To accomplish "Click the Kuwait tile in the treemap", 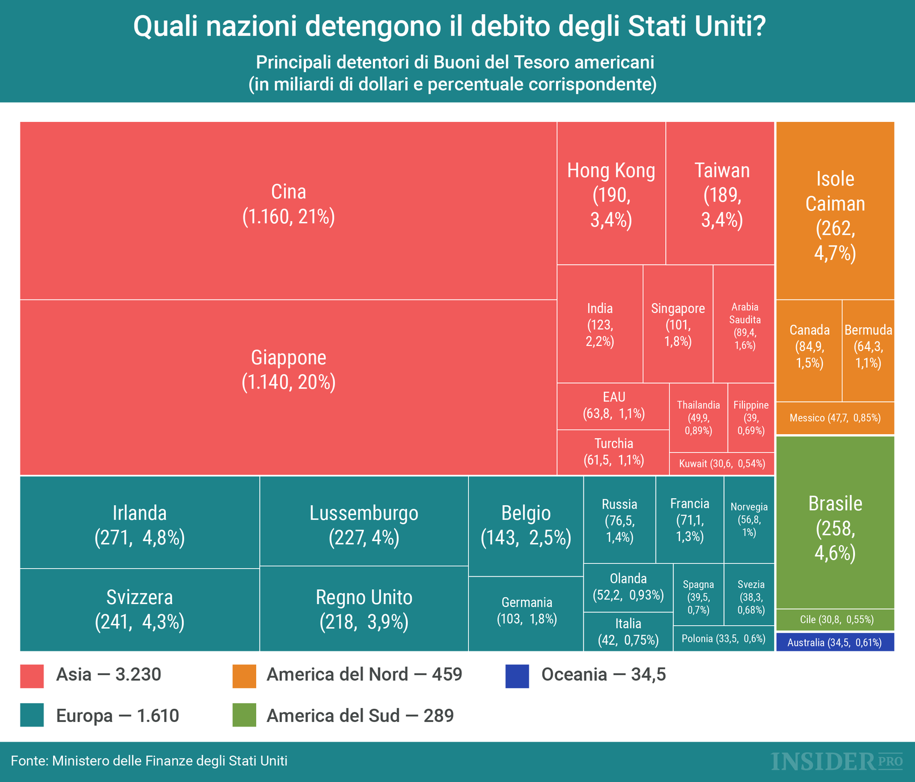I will click(722, 464).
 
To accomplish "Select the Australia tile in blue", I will click(834, 642).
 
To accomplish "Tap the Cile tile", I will click(834, 620).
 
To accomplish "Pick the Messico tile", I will click(834, 418).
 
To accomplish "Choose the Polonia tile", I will click(723, 639).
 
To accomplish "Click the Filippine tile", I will click(751, 418).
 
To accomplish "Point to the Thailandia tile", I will click(698, 418).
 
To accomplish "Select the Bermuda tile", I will click(868, 347).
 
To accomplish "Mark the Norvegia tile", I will click(749, 519).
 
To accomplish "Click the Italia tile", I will click(628, 632).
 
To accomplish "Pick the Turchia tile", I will click(613, 452).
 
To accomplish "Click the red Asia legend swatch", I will click(32, 675).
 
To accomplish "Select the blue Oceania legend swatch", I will click(518, 675).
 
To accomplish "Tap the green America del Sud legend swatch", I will click(244, 715).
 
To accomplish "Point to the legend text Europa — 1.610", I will click(117, 716).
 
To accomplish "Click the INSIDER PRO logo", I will click(837, 761).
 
